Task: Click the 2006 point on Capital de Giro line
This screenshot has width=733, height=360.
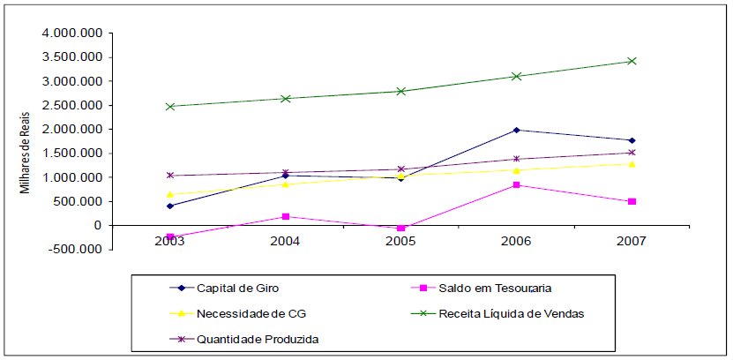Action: (x=516, y=130)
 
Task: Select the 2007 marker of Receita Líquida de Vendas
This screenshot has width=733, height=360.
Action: (x=632, y=61)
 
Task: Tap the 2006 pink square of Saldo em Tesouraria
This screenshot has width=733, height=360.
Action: (x=516, y=185)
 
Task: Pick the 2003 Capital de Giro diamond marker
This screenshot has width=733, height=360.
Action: (x=169, y=206)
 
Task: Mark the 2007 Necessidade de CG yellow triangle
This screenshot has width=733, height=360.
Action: (x=632, y=163)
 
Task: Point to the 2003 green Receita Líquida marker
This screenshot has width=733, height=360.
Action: (x=169, y=106)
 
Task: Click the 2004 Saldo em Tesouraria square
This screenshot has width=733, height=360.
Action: (x=285, y=216)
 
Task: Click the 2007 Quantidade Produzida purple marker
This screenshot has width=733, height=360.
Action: (x=632, y=153)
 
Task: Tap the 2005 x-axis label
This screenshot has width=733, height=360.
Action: (x=400, y=241)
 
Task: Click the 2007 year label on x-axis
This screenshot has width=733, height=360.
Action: (x=632, y=241)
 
